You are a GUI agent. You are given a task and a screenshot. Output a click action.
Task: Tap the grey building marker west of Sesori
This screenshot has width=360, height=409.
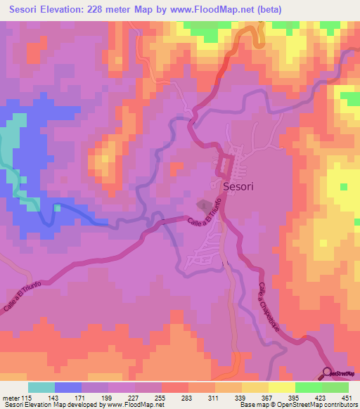pos(202,204)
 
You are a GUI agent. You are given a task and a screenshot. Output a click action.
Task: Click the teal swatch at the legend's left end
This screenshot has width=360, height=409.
pos(41,387)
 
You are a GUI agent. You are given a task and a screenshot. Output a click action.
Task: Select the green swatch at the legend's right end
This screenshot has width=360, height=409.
pos(335,387)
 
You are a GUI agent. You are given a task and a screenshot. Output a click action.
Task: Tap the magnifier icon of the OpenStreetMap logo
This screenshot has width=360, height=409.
pos(329,372)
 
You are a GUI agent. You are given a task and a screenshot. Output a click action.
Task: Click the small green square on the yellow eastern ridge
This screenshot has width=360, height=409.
pos(344,187)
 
